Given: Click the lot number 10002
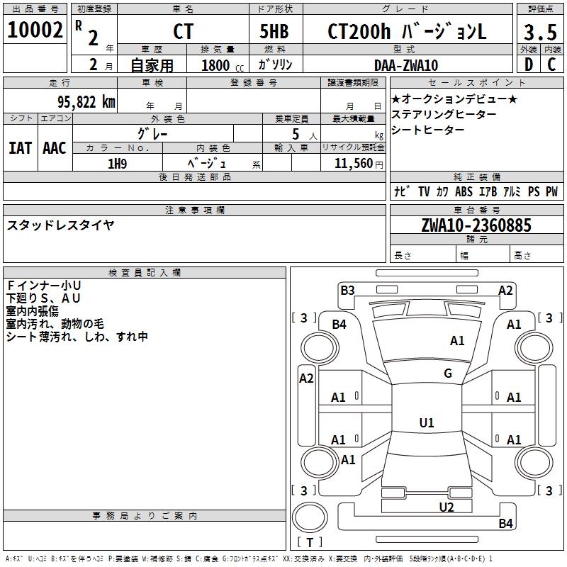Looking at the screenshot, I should coord(35,30).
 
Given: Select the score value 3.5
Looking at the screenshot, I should coord(539,33).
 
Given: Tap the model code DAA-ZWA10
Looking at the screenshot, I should coord(406,65).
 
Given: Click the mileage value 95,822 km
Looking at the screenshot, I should coord(81,101).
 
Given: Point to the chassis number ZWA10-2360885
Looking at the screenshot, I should coord(476,225).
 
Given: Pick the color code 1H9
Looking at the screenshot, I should coord(117,163).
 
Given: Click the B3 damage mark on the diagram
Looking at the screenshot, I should coord(347,290).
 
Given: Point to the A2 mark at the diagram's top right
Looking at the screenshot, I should coord(505,290).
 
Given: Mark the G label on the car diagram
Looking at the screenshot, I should coord(448,374).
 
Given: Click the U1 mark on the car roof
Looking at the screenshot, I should coord(427,423).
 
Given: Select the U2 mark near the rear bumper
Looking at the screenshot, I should coord(446,506).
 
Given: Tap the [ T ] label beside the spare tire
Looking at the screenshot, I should coord(310,542).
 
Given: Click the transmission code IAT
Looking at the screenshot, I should coord(20,147).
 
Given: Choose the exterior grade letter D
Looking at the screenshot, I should coord(528,64).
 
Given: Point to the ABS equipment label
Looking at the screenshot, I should coord(464,191).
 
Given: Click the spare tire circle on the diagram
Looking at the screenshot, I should coord(310,516).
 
